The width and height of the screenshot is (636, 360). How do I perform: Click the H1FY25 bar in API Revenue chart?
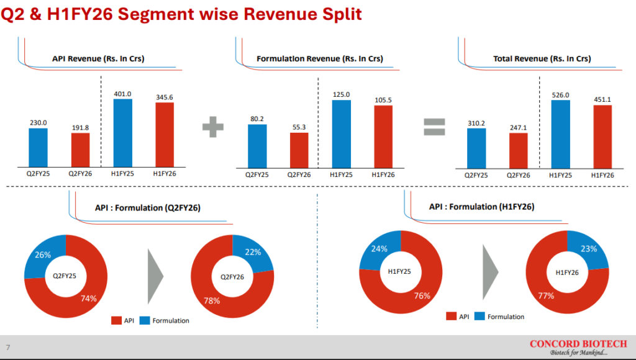[x=123, y=133]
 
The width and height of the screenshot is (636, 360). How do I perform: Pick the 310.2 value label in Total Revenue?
[x=476, y=123]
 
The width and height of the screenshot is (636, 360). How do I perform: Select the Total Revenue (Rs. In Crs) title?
[x=542, y=59]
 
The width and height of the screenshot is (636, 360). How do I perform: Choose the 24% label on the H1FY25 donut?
[x=379, y=249]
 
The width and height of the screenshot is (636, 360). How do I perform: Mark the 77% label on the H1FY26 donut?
[x=546, y=295]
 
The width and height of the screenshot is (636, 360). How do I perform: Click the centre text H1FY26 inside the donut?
[x=568, y=272]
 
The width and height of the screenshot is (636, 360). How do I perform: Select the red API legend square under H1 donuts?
[x=452, y=317]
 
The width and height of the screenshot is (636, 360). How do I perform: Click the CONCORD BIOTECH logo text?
[x=578, y=343]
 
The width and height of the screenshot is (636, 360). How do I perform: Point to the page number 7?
[x=8, y=346]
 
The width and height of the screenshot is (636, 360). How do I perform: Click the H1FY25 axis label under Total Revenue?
[x=560, y=176]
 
